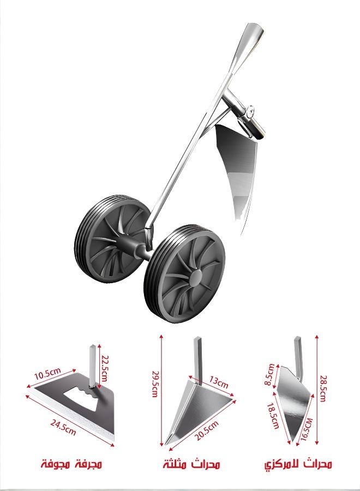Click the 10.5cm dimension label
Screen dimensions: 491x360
(x=46, y=375)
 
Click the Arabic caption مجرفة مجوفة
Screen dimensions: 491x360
(x=71, y=465)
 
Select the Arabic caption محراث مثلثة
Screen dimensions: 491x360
(x=191, y=465)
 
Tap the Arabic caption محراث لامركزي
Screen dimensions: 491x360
(x=298, y=465)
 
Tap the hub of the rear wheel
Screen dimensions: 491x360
(x=116, y=240)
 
